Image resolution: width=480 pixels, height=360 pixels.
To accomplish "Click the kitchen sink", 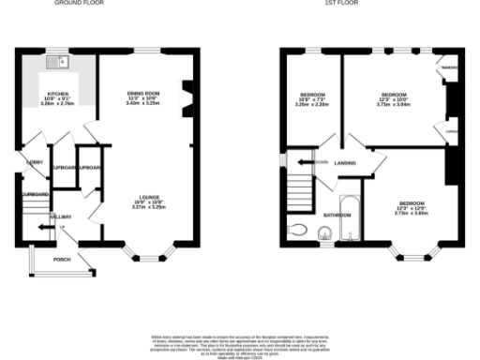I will pos(61,63).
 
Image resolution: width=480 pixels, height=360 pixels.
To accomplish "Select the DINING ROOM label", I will pos(143,92).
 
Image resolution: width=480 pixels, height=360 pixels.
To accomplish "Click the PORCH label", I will pos(62,259).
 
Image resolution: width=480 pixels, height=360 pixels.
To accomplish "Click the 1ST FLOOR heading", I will pos(338,4).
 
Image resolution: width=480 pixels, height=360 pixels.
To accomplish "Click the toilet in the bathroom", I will pos(298,229).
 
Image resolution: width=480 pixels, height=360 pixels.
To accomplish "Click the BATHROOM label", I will pos(337,216).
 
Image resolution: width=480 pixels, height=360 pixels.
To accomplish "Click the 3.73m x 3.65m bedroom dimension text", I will pos(412,212).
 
